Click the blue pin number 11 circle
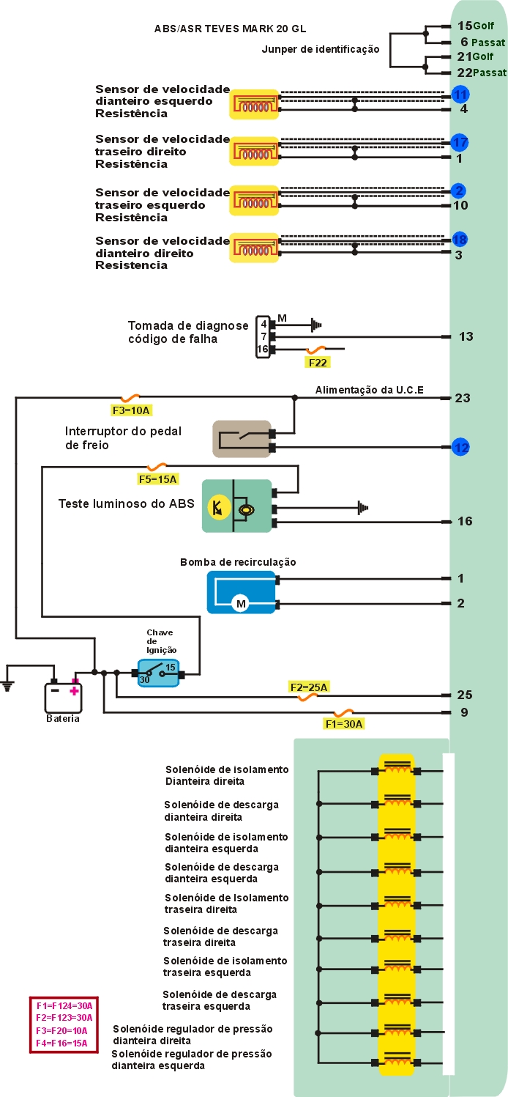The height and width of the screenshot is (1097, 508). (x=460, y=95)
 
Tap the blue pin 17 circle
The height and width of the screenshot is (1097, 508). (x=460, y=142)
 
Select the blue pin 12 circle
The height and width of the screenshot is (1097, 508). (x=460, y=446)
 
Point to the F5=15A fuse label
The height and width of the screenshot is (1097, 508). (x=158, y=479)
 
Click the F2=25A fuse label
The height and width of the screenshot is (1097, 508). (x=308, y=687)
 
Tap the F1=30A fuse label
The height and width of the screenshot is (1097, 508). (x=343, y=724)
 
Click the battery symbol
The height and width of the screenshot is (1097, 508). (x=64, y=696)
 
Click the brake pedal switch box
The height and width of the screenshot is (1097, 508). (x=242, y=439)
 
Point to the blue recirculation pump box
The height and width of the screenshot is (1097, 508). (x=241, y=591)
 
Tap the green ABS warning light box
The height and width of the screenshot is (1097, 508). (x=236, y=506)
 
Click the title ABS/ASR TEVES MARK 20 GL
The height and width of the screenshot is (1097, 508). (x=230, y=29)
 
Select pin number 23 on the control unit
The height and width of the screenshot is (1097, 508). (x=463, y=399)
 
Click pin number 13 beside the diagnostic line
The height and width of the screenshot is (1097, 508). (x=466, y=337)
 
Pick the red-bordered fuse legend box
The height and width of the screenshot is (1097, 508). (x=64, y=1024)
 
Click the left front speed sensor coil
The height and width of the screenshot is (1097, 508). (x=254, y=105)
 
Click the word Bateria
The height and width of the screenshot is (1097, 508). (x=62, y=719)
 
